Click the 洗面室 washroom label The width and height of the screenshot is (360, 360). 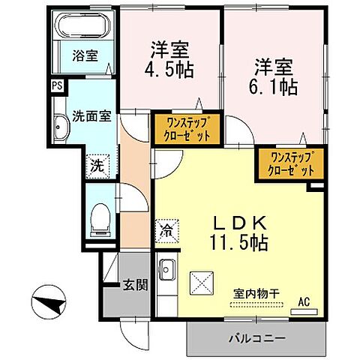[x=91, y=116]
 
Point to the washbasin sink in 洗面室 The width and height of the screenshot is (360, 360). [x=60, y=128]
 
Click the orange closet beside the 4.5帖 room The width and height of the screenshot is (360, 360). [x=187, y=128]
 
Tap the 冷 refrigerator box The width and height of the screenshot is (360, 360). [x=166, y=231]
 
